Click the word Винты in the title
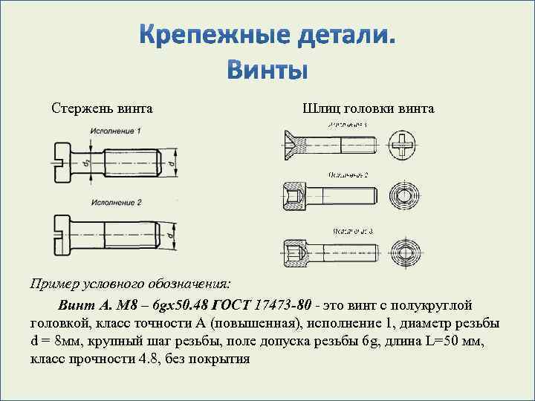click(267, 69)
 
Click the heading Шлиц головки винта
click(369, 109)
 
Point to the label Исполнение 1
click(116, 131)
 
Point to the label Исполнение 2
click(116, 203)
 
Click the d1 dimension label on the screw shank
click(87, 160)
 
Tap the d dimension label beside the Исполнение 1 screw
click(171, 160)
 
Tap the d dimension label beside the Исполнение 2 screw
click(171, 235)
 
